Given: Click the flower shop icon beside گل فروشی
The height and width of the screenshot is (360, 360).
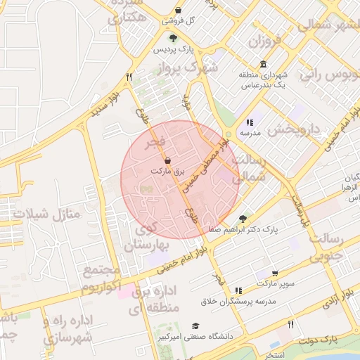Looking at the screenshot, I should (x=179, y=11).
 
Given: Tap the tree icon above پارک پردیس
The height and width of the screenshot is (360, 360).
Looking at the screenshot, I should (x=174, y=38).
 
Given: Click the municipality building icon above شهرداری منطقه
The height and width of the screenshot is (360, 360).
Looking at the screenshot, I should (x=263, y=64).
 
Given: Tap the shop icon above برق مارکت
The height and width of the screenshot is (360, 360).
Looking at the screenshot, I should (x=167, y=160).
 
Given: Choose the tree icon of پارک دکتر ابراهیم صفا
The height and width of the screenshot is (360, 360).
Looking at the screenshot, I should (x=243, y=219).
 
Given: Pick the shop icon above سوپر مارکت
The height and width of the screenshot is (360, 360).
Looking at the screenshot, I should (x=274, y=273).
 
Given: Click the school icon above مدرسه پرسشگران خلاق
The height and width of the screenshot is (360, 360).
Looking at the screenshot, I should (x=238, y=290).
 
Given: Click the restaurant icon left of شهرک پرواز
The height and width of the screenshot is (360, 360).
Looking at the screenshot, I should (x=129, y=77).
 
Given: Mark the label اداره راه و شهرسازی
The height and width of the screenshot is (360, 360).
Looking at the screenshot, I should (x=68, y=330).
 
